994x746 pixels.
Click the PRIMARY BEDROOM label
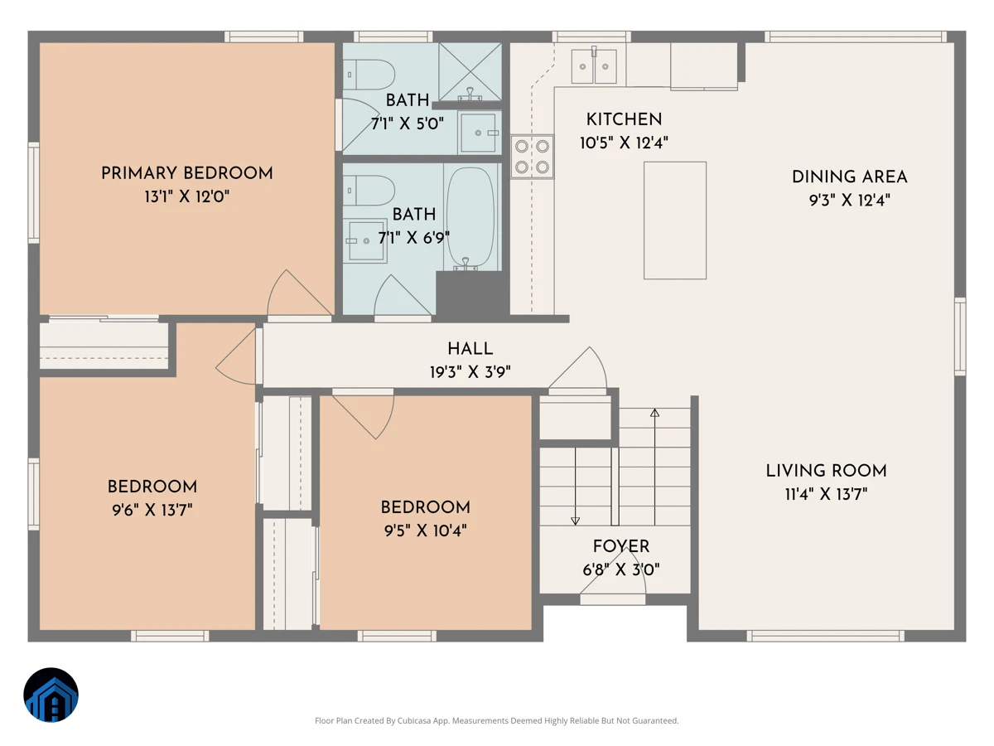coord(186,173)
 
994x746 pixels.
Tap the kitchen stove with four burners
coord(532,157)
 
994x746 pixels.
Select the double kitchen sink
coord(594,66)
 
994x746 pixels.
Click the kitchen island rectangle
coord(675,220)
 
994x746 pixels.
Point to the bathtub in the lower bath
coord(470,218)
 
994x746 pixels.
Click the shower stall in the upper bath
coord(470,71)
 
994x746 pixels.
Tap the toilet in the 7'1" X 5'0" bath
coord(369,75)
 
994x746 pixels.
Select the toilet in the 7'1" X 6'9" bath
coord(369,191)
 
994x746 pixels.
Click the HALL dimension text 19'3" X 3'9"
coord(470,372)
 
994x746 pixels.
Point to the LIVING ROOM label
coord(826,471)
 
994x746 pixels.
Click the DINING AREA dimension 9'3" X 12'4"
coord(850,200)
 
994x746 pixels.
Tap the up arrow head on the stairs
coord(654,413)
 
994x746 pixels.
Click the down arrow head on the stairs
coord(575,521)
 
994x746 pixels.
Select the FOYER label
coord(621,546)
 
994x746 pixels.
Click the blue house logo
coord(51,695)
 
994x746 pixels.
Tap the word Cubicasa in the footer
coord(414,720)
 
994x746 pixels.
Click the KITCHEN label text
coord(624,119)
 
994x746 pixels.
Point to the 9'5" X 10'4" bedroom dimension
coord(425,530)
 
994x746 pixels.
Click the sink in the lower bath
coord(365,241)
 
